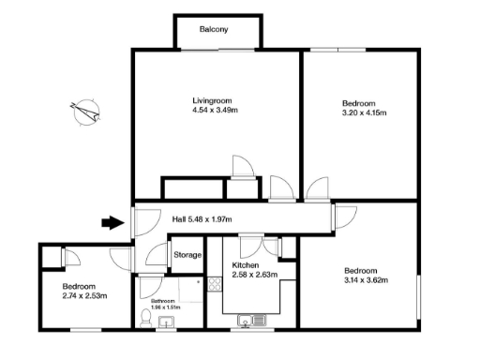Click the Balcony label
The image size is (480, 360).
pos(213,30)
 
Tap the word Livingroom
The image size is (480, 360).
pos(212,101)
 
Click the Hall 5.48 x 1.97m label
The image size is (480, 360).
pos(202,220)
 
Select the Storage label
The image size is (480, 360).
pos(187,255)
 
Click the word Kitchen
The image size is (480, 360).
pos(246,265)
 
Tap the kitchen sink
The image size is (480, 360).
pos(253,322)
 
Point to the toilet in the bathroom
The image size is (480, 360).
pos(146,318)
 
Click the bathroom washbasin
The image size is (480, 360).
pos(170,323)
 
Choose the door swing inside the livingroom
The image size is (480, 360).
pos(243,166)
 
